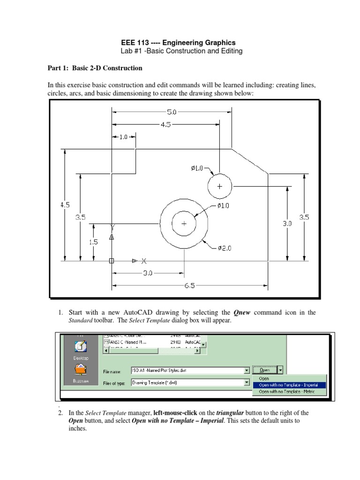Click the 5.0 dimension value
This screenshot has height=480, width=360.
(x=172, y=112)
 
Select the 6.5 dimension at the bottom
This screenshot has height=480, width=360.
(x=189, y=285)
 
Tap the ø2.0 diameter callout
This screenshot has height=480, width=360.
(x=225, y=248)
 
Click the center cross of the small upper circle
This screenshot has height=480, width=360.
(x=220, y=186)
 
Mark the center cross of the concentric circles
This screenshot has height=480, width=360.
(x=184, y=224)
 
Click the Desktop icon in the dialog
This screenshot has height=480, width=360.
(x=80, y=349)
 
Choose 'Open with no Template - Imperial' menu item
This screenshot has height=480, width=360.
(x=288, y=385)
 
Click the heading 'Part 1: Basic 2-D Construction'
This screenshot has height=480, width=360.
(x=95, y=68)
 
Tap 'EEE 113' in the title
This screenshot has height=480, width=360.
(x=135, y=42)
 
